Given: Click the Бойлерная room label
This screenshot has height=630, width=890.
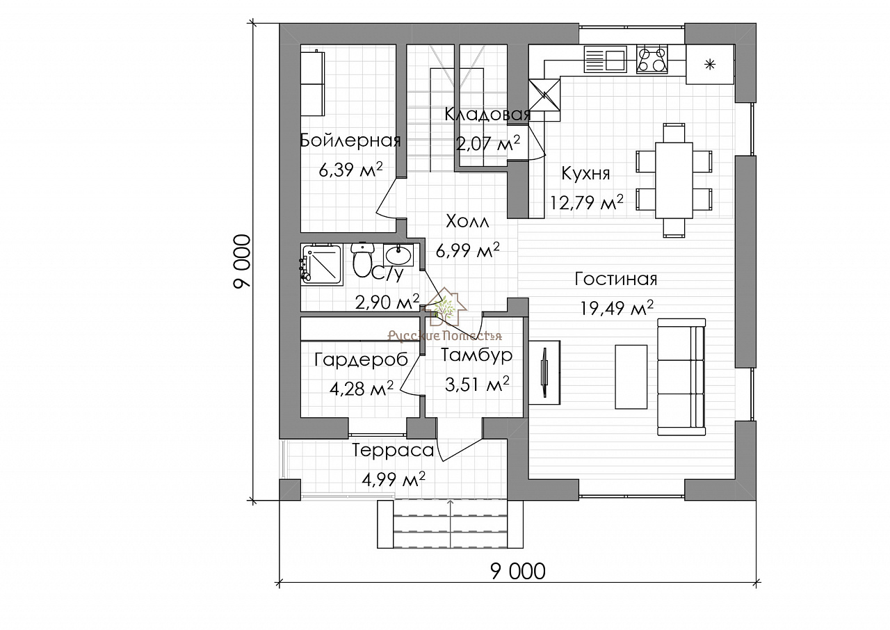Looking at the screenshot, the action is [x=350, y=140].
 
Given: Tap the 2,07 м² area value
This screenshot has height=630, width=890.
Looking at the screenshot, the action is [x=488, y=144].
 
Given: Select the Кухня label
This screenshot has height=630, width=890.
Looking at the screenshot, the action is [x=585, y=174].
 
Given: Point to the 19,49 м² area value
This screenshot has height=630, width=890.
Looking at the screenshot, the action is [x=617, y=307].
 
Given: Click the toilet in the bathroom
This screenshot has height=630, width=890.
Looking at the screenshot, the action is [x=362, y=260].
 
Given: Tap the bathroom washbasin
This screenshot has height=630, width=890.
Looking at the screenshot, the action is [x=398, y=255].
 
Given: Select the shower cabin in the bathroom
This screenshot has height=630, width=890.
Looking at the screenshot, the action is [x=321, y=264].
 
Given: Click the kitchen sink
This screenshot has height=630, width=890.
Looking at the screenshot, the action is [x=606, y=59].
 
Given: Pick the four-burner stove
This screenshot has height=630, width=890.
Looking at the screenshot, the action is [x=652, y=59].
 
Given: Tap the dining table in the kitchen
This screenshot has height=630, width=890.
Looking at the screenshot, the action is [x=674, y=180].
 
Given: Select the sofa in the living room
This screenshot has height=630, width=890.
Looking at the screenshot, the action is [x=681, y=377].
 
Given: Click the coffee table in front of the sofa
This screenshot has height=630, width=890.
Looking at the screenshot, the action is [x=631, y=377].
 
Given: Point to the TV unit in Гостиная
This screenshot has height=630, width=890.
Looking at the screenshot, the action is [x=544, y=372].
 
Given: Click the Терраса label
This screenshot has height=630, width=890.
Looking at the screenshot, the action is [x=393, y=451].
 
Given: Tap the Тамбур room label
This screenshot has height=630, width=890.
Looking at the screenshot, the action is [x=477, y=355].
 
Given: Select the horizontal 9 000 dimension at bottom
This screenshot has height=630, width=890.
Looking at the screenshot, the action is [x=518, y=572].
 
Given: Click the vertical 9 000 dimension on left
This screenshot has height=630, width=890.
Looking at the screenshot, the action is [x=243, y=261].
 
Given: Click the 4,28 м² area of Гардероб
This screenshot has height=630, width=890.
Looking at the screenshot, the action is [x=361, y=388].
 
